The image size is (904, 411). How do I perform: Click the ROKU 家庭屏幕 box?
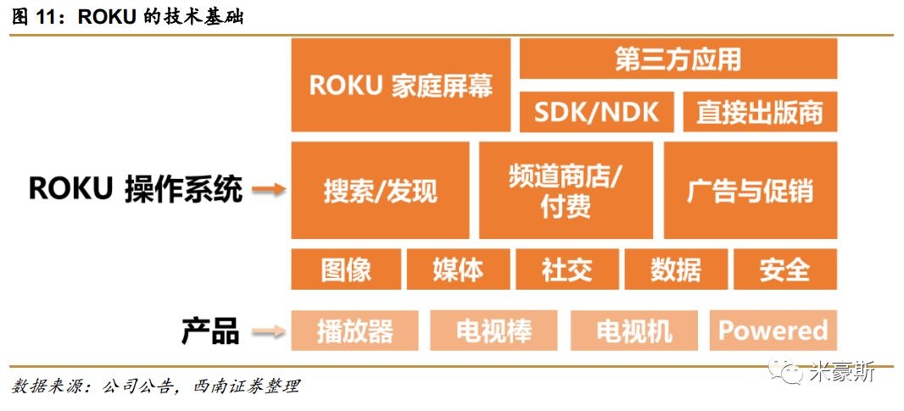point(400,85)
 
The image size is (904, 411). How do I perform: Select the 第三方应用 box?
point(678,58)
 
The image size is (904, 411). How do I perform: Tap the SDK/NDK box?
point(596,113)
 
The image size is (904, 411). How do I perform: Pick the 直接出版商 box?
point(760,113)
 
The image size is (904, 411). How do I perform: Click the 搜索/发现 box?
point(380,190)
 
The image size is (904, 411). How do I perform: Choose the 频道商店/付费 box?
point(566,190)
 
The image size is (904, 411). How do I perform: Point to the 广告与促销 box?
point(750,190)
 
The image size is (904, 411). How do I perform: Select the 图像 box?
point(346,269)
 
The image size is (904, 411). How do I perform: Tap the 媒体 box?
point(458,269)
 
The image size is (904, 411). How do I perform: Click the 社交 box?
point(566,269)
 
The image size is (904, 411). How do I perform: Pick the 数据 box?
point(676,269)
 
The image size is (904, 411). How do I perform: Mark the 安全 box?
point(784,269)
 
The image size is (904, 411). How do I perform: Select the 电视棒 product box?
point(494,330)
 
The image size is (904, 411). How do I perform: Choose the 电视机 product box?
point(633,330)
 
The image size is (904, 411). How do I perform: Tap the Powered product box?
point(773,330)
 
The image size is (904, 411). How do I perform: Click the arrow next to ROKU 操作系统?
point(269,191)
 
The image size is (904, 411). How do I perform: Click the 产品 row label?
point(209,330)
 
